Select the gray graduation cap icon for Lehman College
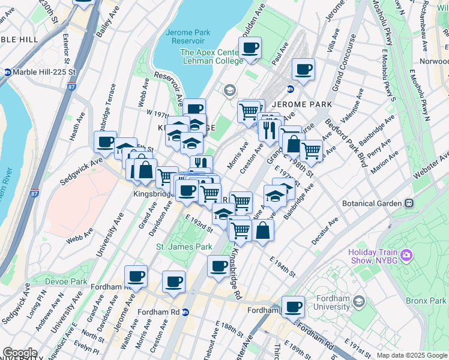tap(229, 91)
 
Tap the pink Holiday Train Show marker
tap(406, 256)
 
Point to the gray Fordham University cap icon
tap(359, 301)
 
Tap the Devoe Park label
tap(66, 281)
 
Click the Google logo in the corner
tap(20, 353)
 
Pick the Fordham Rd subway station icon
tap(185, 312)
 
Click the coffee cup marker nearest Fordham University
tap(293, 307)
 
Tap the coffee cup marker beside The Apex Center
tap(250, 48)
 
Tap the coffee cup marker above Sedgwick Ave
tap(105, 142)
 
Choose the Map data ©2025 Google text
tap(411, 355)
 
